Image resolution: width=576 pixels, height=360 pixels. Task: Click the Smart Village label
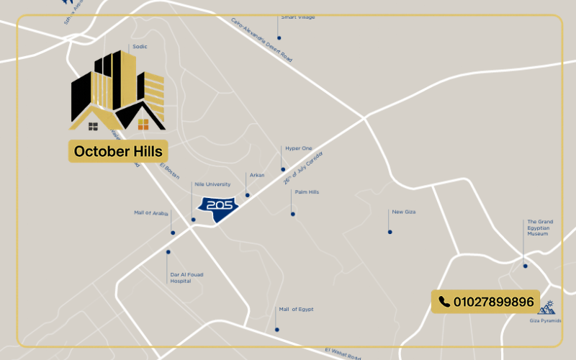pyautogui.click(x=297, y=17)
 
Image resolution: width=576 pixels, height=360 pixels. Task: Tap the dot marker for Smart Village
pyautogui.click(x=279, y=37)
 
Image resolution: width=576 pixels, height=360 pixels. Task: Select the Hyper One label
pyautogui.click(x=297, y=148)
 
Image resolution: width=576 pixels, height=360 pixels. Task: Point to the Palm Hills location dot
pyautogui.click(x=292, y=213)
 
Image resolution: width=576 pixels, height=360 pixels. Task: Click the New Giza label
pyautogui.click(x=404, y=212)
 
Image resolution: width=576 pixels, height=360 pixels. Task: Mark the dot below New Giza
pyautogui.click(x=390, y=232)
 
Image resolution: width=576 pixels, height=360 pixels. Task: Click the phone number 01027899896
pyautogui.click(x=494, y=302)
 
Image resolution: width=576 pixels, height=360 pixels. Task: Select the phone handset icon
pyautogui.click(x=444, y=302)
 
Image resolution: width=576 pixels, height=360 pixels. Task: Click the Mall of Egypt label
pyautogui.click(x=296, y=309)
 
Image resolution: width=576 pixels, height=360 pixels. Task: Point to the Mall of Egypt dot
pyautogui.click(x=276, y=330)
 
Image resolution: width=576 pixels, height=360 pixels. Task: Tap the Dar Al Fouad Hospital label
pyautogui.click(x=181, y=277)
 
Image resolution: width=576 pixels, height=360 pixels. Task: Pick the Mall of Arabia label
pyautogui.click(x=151, y=213)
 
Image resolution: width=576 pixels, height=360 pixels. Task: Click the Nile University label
pyautogui.click(x=212, y=184)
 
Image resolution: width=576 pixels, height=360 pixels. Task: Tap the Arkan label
pyautogui.click(x=257, y=175)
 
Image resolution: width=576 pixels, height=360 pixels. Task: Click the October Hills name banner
pyautogui.click(x=118, y=151)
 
